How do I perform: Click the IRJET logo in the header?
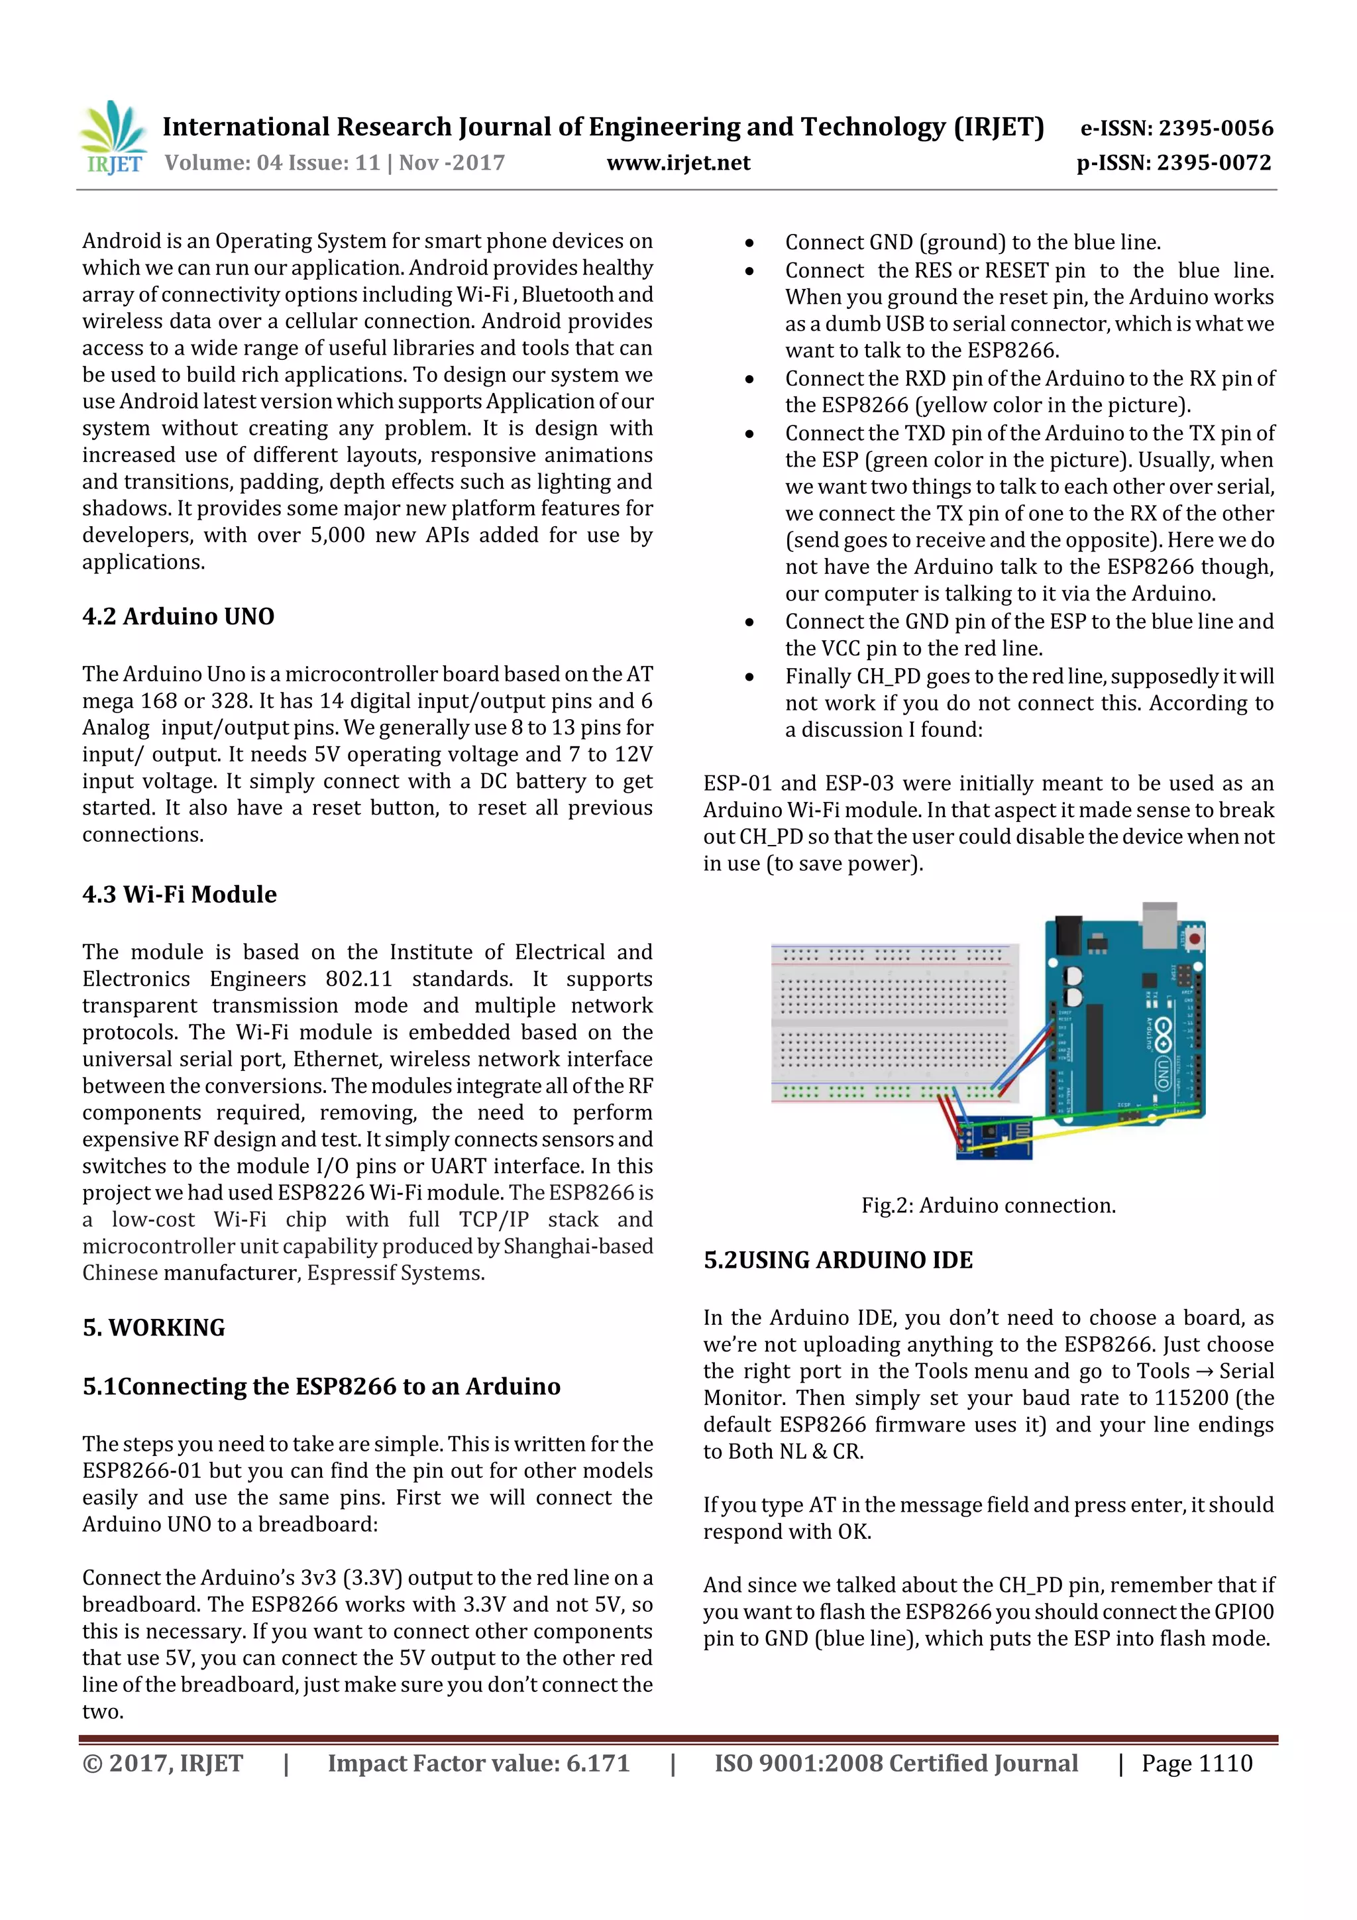(113, 138)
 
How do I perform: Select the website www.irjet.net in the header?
(678, 162)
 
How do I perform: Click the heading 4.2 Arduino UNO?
(178, 616)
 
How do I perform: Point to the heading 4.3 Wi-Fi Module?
(179, 894)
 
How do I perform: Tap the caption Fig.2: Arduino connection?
(989, 1205)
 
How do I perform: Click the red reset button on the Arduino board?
(1193, 938)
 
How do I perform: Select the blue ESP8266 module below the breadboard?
(993, 1139)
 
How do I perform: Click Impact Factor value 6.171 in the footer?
(478, 1763)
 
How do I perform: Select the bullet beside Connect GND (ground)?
(749, 243)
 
